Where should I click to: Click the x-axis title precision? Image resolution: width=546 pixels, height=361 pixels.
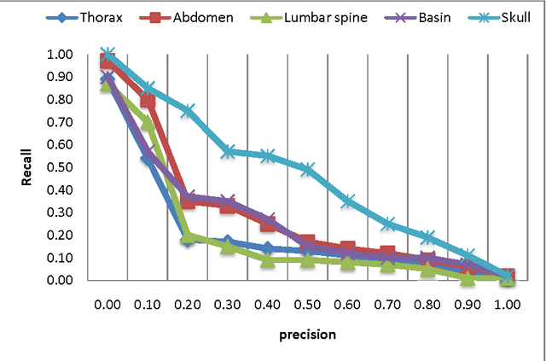coord(307,335)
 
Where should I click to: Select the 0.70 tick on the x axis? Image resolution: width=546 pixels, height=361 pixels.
coord(387,303)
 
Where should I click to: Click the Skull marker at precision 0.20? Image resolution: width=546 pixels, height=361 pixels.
coord(188,111)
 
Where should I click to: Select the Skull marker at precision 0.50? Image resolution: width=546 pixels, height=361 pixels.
coord(308,169)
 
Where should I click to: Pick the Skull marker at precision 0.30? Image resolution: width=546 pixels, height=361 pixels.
coord(228,151)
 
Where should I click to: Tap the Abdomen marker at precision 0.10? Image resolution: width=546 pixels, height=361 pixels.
coord(148,101)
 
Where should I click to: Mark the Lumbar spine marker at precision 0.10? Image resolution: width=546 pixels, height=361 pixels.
coord(148,121)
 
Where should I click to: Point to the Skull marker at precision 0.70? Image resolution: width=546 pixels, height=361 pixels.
coord(388,224)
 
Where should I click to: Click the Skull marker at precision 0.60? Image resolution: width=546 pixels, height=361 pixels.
coord(348,201)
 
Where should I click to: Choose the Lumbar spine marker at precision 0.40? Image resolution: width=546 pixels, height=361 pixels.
coord(268,259)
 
